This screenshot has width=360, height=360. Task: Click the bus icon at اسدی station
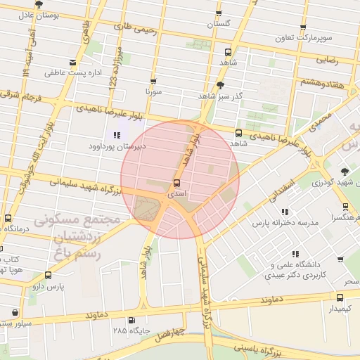pos(176,183)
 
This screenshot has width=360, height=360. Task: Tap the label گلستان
pos(219,24)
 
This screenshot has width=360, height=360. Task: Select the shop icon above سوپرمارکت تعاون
pos(303,29)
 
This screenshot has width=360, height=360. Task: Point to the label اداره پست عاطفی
pos(73,72)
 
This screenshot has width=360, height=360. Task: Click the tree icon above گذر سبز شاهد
pos(220,85)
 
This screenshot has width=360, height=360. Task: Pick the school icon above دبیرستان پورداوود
pos(117,135)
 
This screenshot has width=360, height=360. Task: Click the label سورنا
pos(153,92)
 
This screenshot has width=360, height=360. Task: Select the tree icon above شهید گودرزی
pos(344,172)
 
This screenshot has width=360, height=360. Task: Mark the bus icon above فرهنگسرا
pos(345,207)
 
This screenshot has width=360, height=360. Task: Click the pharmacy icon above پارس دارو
pos(48,275)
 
